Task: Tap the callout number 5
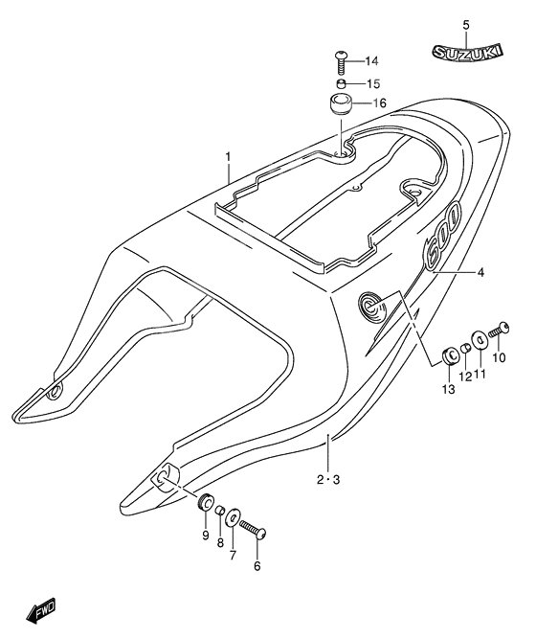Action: (466, 24)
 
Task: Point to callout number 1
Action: (229, 155)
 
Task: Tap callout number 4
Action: (480, 273)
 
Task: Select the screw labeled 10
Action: (499, 331)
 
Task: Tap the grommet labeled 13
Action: (448, 356)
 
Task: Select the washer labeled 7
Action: (234, 520)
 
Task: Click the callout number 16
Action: (379, 103)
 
